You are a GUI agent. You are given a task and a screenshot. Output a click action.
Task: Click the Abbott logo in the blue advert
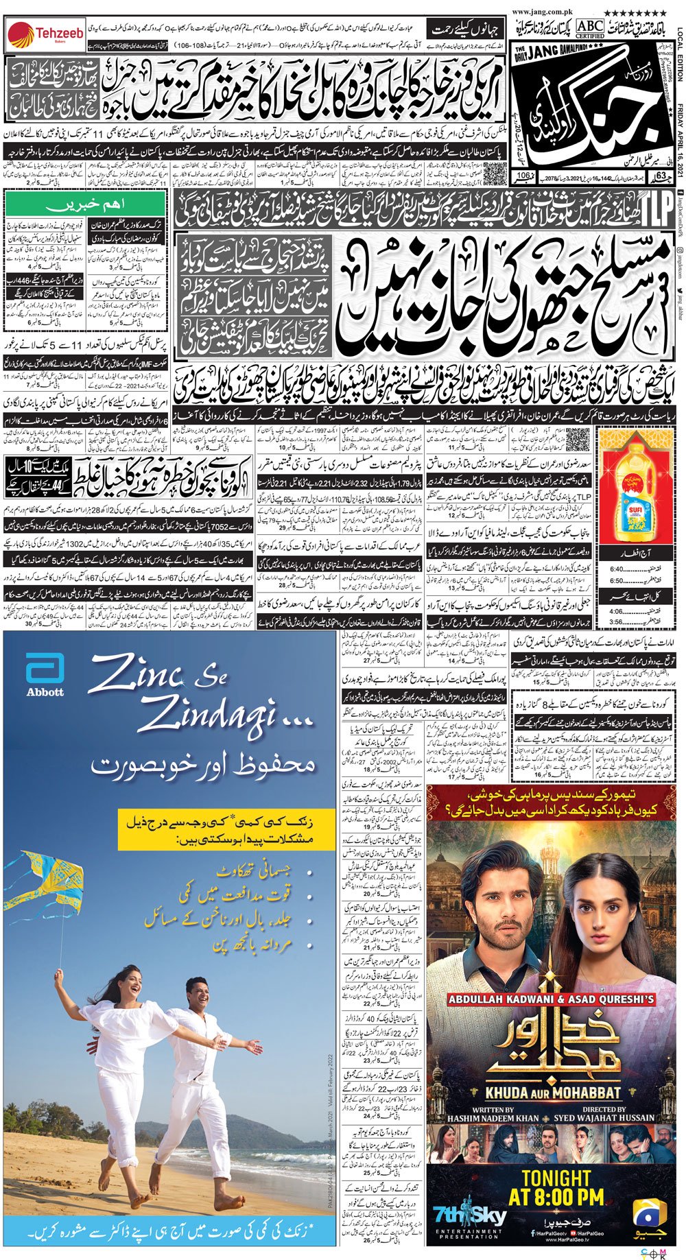pyautogui.click(x=45, y=675)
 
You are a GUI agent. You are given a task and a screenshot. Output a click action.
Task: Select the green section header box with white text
pyautogui.click(x=86, y=204)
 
